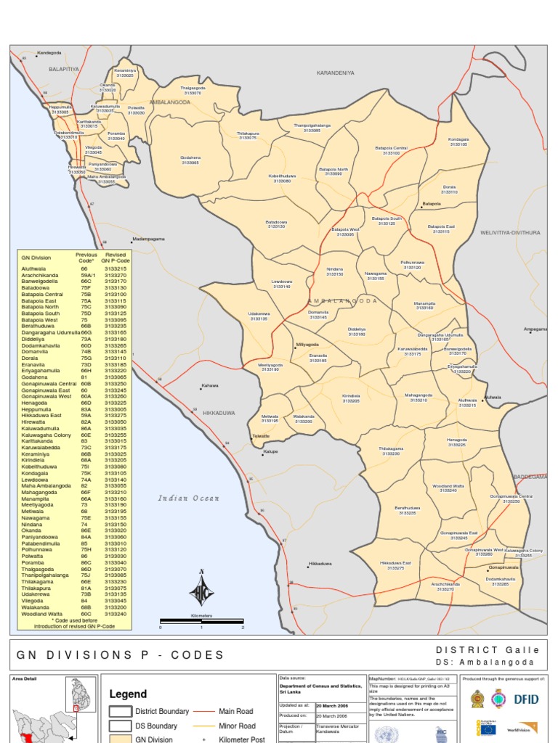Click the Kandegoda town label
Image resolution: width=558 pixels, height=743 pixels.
(x=49, y=53)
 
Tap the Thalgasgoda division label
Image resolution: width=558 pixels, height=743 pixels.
(x=193, y=90)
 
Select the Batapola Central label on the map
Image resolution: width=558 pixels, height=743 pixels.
(x=391, y=150)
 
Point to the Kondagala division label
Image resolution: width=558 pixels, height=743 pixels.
(x=458, y=141)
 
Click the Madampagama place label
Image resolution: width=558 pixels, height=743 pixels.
(x=149, y=239)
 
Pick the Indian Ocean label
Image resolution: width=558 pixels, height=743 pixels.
(x=188, y=498)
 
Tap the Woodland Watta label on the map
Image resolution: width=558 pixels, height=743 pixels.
(x=448, y=488)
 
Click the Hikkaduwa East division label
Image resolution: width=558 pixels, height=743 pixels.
(x=396, y=565)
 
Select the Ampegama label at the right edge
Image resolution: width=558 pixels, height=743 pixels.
(x=535, y=329)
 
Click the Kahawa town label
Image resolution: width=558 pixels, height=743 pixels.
(x=210, y=385)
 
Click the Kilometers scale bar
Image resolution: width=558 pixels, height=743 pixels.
(x=201, y=621)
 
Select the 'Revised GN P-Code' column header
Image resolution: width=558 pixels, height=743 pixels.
(x=115, y=258)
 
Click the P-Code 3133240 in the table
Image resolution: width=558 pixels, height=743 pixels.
(x=115, y=614)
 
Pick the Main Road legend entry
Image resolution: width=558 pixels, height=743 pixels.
(x=236, y=711)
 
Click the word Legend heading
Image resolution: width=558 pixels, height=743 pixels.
(x=128, y=694)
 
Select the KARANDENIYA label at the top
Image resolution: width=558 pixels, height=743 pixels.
(x=335, y=73)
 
